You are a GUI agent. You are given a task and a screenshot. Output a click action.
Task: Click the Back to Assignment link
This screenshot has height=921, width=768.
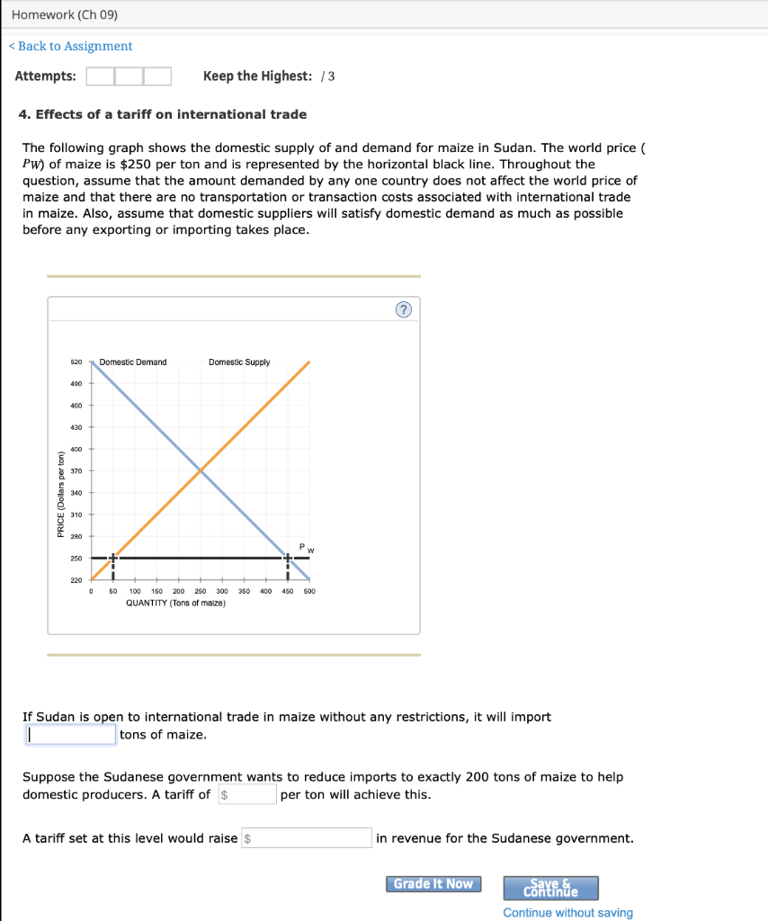click(75, 46)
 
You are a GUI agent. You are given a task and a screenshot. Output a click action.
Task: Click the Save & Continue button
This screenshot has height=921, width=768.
click(550, 888)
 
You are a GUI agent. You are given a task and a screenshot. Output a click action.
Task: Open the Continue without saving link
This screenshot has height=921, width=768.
click(567, 913)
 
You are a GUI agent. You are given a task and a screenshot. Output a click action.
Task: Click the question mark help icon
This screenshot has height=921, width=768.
click(403, 310)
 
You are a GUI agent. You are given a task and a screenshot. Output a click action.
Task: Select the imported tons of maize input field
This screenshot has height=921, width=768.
click(70, 735)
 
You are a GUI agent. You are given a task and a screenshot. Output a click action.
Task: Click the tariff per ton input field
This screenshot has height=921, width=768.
click(248, 794)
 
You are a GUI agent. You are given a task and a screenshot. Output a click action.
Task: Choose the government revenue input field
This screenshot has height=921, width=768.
click(308, 838)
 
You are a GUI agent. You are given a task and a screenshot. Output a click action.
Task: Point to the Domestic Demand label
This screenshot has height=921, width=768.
click(133, 362)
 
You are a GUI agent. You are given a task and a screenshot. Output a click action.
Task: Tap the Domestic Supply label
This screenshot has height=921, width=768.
click(239, 362)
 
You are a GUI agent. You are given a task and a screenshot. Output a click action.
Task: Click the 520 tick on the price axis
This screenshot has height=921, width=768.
click(76, 362)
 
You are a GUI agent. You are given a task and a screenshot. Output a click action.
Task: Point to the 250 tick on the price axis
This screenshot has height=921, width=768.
click(76, 559)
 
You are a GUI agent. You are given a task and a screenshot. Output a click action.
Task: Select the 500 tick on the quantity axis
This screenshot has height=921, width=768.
click(309, 592)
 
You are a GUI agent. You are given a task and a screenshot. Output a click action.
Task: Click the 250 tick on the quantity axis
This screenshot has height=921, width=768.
click(200, 592)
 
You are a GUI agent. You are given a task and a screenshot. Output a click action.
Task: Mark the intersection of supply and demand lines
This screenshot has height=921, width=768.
click(201, 470)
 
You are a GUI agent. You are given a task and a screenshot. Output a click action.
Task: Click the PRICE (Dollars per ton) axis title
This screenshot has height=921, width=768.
click(60, 492)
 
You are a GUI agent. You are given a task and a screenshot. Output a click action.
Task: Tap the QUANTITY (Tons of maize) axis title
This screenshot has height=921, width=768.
click(175, 603)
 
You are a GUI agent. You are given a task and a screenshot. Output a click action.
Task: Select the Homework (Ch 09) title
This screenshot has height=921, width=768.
click(65, 15)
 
